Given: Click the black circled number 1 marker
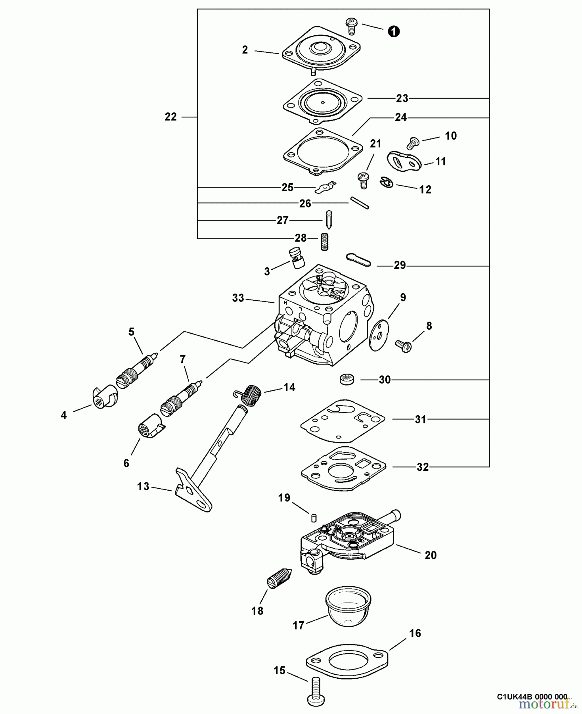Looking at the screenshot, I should point(393,31).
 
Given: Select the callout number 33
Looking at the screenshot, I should point(238,298).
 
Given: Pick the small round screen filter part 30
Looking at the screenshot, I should point(347,379).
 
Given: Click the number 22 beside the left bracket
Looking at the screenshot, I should point(171,117).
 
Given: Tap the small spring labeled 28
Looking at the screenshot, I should point(325,241).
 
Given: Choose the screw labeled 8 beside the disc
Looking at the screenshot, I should point(404,346).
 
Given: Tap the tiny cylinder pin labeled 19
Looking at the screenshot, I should point(313,518).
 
